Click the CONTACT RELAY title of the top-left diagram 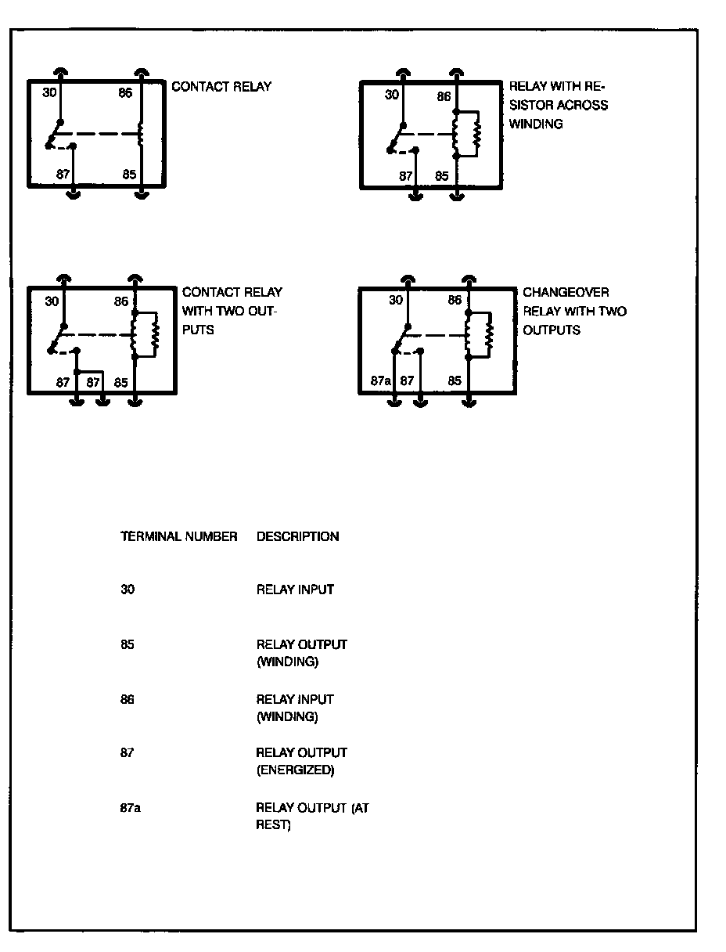(221, 87)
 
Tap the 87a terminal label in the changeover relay (380, 381)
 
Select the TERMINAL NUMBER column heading (178, 537)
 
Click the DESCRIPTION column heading (297, 537)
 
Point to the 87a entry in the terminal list (131, 808)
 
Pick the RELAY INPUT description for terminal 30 (295, 590)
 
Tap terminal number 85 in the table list (128, 645)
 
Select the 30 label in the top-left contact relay (50, 93)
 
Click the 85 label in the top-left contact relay (129, 175)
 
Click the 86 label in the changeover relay (455, 301)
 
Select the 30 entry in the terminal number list (128, 590)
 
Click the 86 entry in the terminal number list (128, 700)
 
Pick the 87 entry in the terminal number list (128, 753)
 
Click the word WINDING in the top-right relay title (536, 124)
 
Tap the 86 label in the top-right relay (444, 97)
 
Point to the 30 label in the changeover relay (396, 301)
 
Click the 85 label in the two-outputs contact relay (120, 383)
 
